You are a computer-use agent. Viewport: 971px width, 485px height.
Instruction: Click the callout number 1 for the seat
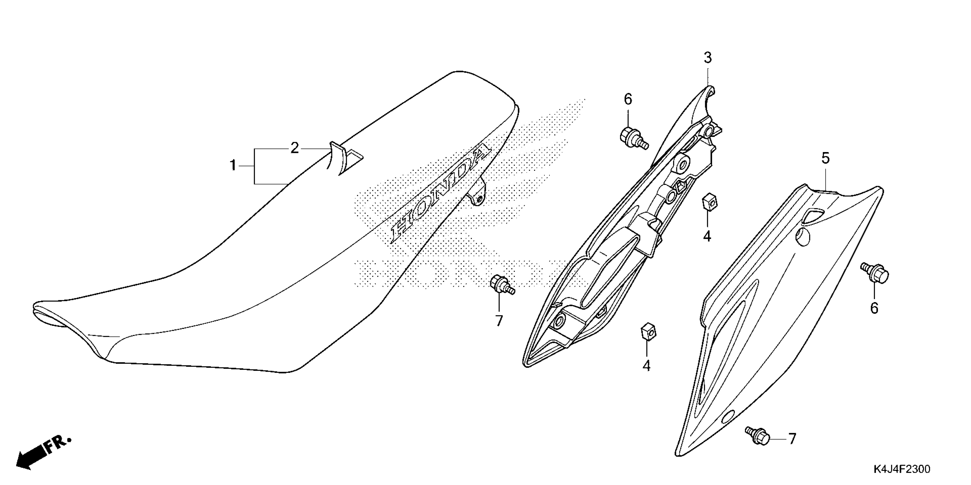point(233,165)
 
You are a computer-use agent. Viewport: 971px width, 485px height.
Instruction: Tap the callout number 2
point(294,148)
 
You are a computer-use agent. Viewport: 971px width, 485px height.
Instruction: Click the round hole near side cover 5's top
point(803,237)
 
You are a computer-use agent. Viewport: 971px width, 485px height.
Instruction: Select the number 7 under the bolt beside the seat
point(499,321)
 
